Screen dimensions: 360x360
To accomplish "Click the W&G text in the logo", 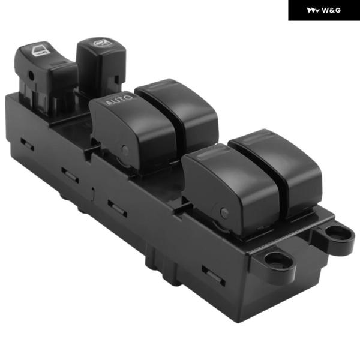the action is click(331, 10).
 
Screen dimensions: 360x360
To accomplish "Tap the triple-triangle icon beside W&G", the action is click(313, 11).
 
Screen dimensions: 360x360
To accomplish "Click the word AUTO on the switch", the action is click(119, 100).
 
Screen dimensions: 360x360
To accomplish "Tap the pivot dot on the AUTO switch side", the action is click(125, 150).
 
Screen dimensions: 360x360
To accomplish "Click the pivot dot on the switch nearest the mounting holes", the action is click(224, 212).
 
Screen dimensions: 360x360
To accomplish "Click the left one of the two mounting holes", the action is click(278, 260).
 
